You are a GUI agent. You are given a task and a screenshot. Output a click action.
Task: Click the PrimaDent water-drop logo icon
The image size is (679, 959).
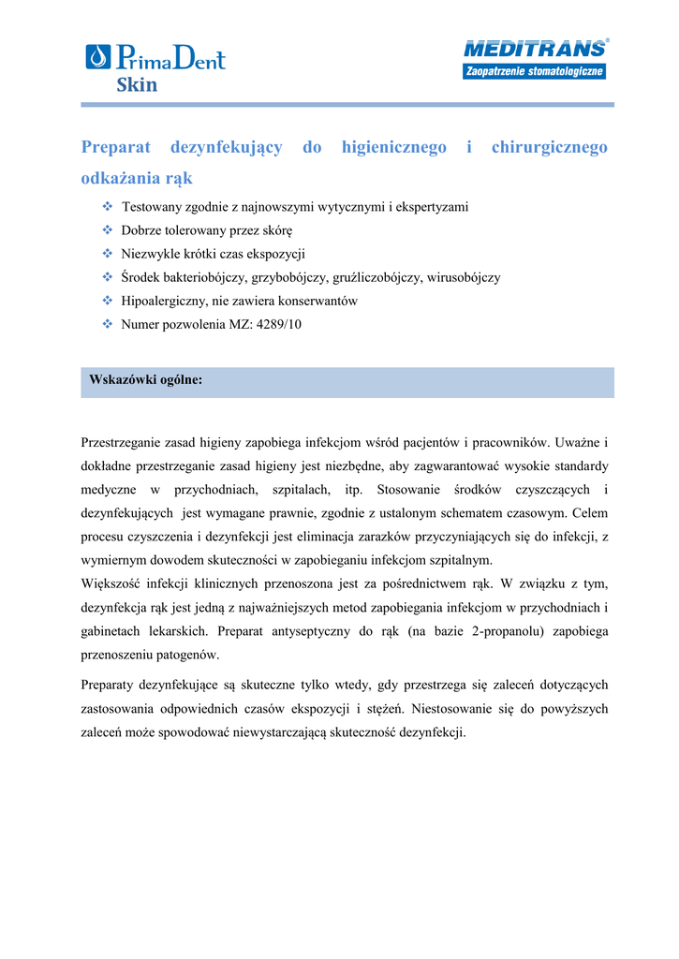[97, 57]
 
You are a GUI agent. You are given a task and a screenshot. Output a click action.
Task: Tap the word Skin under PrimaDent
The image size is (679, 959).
[137, 85]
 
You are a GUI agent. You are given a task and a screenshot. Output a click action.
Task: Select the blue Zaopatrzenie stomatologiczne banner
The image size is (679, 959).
[534, 72]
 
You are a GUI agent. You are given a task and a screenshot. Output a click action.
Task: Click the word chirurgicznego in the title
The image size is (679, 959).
[549, 147]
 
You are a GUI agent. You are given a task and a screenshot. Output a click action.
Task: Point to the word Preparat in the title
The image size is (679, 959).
[116, 147]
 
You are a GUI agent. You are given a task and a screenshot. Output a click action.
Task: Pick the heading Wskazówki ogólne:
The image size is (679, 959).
[145, 380]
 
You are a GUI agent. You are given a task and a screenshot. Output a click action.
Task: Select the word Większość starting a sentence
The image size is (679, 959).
[111, 583]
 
